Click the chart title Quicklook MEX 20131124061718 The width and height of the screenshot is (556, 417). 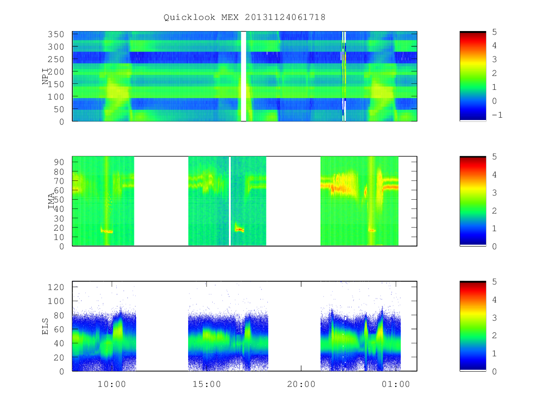click(x=244, y=17)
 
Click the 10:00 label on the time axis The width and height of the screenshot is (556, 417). click(x=112, y=384)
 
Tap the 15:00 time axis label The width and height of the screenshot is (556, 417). click(x=207, y=384)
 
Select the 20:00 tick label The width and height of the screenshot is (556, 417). click(x=301, y=384)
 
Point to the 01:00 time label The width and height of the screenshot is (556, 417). click(x=396, y=384)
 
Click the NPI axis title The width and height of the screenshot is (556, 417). click(x=45, y=76)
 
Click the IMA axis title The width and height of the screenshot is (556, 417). click(x=51, y=201)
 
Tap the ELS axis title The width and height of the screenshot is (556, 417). click(x=45, y=327)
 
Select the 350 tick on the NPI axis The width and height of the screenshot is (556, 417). click(x=56, y=34)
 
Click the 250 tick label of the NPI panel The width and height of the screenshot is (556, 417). click(x=56, y=59)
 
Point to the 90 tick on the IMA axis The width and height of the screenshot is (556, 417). click(x=59, y=162)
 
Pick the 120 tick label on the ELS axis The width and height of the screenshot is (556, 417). click(x=56, y=287)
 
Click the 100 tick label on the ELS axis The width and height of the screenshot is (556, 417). click(x=56, y=301)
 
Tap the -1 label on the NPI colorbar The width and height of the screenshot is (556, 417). click(x=497, y=115)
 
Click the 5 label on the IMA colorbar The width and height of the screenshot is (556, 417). click(x=494, y=157)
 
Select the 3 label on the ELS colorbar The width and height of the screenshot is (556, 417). click(x=494, y=318)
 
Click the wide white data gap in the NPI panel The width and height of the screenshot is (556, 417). click(x=243, y=76)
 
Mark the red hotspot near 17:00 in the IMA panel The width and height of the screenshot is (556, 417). click(x=239, y=230)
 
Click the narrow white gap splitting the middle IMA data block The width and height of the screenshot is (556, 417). click(x=230, y=201)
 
